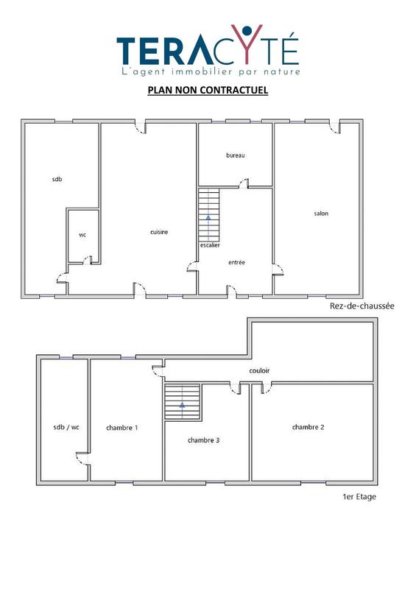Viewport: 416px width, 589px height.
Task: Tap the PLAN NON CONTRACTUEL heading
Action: tap(207, 91)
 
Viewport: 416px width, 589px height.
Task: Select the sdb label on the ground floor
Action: tap(57, 179)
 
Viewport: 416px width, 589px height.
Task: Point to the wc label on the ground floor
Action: tap(82, 235)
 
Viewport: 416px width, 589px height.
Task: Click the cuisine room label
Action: tap(159, 232)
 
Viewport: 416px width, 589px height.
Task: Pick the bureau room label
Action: tap(235, 155)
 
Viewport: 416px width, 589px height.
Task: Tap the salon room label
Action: tap(320, 214)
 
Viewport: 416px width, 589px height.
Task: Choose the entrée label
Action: tap(236, 262)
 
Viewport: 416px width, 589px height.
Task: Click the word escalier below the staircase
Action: tap(210, 245)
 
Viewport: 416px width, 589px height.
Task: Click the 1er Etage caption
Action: tap(359, 496)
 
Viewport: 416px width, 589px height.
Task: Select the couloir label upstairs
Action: tap(260, 371)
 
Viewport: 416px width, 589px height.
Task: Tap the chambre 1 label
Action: tap(122, 427)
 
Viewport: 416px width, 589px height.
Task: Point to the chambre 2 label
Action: tap(309, 427)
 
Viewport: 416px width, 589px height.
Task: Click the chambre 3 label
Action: tap(203, 440)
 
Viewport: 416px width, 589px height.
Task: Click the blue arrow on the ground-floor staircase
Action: tap(209, 218)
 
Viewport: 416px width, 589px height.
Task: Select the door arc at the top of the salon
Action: tap(335, 128)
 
